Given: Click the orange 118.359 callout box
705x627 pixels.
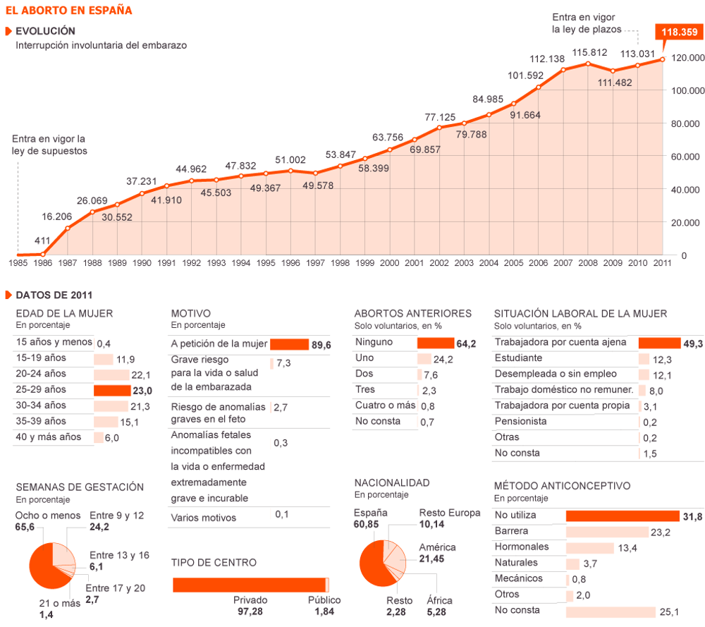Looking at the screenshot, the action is [680, 32].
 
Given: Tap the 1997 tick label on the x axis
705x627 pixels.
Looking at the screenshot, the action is [315, 263].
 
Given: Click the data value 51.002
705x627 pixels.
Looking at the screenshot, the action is [290, 160].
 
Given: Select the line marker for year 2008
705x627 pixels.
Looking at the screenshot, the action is [588, 64].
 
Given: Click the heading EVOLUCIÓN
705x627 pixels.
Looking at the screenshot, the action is [45, 31].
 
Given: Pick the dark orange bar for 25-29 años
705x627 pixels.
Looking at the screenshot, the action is [112, 391].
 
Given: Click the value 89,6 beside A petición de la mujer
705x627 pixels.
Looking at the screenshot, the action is [321, 345].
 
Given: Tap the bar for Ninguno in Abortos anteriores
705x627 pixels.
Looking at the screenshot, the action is [435, 343].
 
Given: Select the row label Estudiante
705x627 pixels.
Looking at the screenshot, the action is [518, 358].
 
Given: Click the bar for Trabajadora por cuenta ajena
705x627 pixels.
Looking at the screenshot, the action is [659, 343].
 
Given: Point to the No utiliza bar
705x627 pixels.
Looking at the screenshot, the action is [623, 516].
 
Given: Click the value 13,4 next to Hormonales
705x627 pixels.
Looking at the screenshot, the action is [627, 548].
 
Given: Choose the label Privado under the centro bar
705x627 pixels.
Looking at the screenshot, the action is [250, 600].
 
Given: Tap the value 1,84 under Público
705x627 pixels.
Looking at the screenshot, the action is [324, 611].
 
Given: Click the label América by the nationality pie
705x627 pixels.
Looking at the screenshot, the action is [438, 547].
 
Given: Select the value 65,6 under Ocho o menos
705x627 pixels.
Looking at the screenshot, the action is [25, 527].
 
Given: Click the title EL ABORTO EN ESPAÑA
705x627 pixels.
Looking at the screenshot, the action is [69, 11].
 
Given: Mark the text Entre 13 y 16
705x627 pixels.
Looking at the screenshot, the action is [119, 556].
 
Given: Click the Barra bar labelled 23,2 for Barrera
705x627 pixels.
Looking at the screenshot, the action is [607, 532].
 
